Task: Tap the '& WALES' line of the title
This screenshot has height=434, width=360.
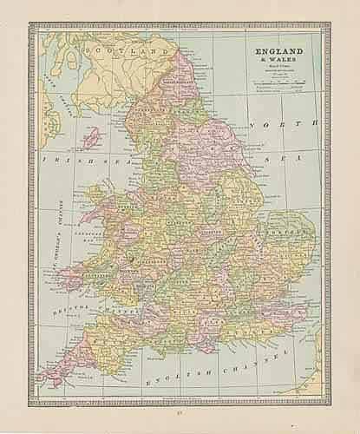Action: [x=275, y=61]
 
